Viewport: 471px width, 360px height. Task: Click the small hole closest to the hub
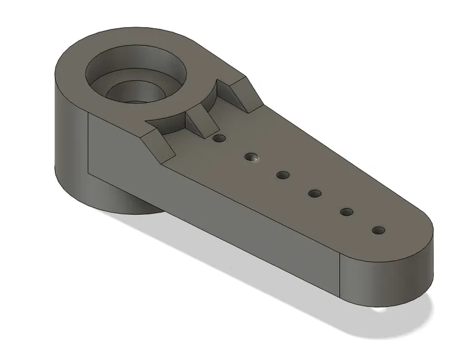click(x=218, y=139)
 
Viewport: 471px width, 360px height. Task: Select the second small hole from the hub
click(x=250, y=156)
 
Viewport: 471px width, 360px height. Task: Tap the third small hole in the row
click(x=282, y=175)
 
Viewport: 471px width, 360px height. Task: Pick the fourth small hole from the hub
click(x=314, y=193)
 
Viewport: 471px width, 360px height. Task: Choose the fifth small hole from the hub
click(x=346, y=211)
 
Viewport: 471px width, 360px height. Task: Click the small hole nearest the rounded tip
click(x=378, y=230)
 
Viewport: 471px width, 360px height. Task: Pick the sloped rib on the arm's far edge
click(x=242, y=92)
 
